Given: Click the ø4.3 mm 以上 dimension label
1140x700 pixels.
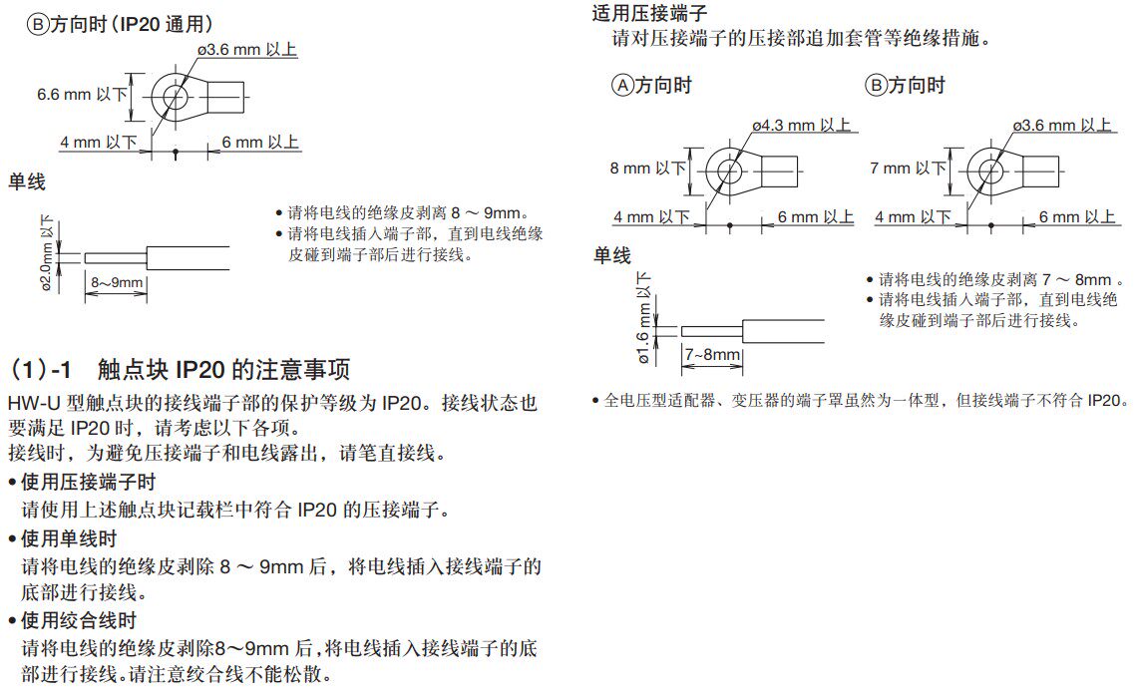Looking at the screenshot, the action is [x=803, y=126].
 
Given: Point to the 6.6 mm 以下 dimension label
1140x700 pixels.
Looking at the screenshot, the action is [x=83, y=95].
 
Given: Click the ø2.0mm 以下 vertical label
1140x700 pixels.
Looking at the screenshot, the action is [x=47, y=253].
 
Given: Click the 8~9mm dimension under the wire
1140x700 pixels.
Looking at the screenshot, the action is [x=117, y=283].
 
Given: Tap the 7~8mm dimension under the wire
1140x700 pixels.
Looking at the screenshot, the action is [x=712, y=355].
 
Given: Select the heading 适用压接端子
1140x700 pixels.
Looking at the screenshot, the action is [x=649, y=14].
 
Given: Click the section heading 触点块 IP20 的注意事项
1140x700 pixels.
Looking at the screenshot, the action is [x=224, y=371].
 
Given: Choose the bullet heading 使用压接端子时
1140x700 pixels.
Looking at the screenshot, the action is [x=88, y=483].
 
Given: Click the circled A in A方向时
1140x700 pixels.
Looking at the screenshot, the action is [x=622, y=86].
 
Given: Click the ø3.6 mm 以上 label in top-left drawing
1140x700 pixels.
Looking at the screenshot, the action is [x=247, y=49].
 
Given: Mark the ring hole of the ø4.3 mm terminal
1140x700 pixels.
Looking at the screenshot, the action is [x=729, y=170].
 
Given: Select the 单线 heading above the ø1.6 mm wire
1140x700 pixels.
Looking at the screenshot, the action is [x=611, y=256].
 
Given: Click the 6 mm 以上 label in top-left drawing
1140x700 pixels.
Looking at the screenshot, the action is [x=260, y=143].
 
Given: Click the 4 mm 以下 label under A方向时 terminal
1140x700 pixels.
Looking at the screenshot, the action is [x=651, y=216].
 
